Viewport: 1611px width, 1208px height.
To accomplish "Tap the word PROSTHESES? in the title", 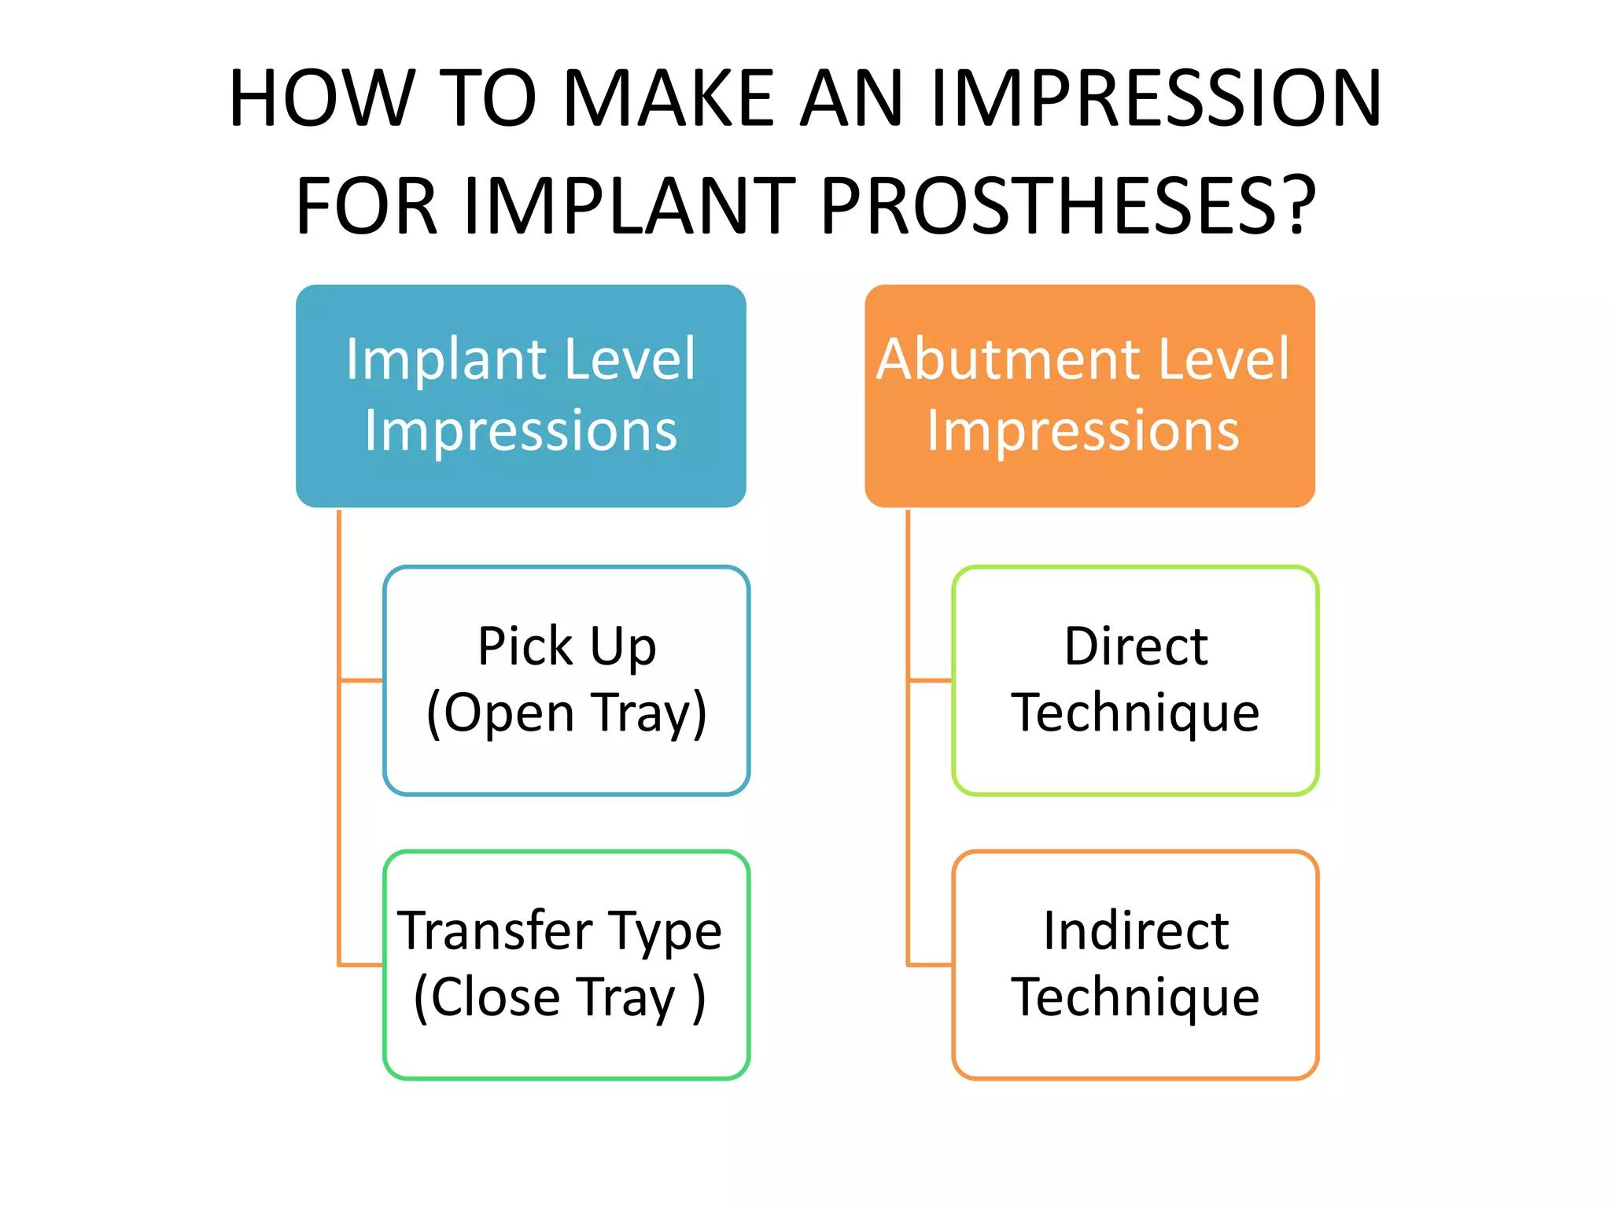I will [1067, 206].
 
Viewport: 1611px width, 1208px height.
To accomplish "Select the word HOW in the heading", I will [321, 98].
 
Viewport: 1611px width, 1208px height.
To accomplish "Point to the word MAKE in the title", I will [669, 98].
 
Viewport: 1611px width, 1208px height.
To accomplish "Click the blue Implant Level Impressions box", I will [521, 396].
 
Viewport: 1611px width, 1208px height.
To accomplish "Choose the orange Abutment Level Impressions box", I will [1089, 396].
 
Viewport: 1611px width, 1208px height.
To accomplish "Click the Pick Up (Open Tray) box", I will [566, 680].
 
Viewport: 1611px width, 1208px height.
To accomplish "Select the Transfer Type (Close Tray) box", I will [566, 965].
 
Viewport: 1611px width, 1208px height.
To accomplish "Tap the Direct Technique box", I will [1135, 680].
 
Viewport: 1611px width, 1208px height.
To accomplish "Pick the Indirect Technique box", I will [1135, 965].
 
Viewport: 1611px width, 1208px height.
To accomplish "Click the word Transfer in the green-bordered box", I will [496, 931].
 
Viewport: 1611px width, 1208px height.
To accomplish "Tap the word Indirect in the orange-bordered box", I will [1136, 931].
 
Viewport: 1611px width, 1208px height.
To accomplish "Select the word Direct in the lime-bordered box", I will [1136, 646].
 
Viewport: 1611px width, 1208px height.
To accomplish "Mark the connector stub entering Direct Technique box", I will [931, 680].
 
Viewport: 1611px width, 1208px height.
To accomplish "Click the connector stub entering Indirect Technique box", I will [931, 965].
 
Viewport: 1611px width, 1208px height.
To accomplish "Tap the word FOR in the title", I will [366, 206].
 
